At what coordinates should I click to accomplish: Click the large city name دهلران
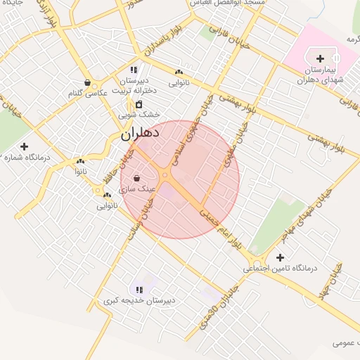140,132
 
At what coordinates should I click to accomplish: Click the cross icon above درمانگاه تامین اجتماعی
281,257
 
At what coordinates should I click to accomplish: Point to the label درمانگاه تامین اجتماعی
281,269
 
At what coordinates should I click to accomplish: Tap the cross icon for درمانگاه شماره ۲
25,147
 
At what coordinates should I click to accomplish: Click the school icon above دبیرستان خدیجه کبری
139,289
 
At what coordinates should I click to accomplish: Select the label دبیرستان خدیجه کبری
139,300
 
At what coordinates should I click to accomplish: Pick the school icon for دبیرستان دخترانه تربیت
134,70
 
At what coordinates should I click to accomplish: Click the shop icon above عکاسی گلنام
86,82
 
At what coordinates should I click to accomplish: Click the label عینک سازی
136,189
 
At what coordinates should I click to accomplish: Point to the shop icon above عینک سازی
136,179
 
